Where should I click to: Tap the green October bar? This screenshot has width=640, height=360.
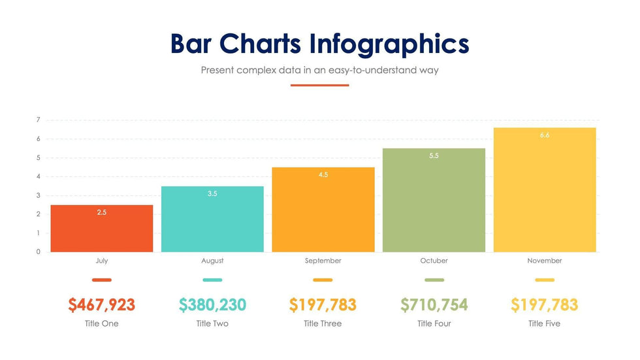(434, 200)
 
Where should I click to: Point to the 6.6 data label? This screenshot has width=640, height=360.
(544, 135)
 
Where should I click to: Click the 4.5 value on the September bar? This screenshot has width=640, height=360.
(323, 175)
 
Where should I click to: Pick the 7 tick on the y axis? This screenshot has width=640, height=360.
(39, 120)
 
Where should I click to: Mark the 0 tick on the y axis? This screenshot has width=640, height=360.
(39, 252)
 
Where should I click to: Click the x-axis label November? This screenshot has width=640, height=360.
(544, 261)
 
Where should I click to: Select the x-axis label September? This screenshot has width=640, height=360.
(323, 261)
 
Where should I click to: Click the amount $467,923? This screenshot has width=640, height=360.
(101, 304)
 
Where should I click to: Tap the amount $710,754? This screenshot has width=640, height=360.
(434, 304)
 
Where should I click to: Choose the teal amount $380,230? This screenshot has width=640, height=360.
(212, 304)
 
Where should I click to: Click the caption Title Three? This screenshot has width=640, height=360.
(323, 323)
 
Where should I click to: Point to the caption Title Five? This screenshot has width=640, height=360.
(544, 323)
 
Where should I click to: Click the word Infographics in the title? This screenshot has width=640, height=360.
(389, 44)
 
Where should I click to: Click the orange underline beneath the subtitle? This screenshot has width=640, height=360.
(319, 85)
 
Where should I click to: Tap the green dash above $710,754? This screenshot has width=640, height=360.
(434, 280)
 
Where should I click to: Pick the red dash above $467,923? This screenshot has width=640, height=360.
(101, 280)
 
